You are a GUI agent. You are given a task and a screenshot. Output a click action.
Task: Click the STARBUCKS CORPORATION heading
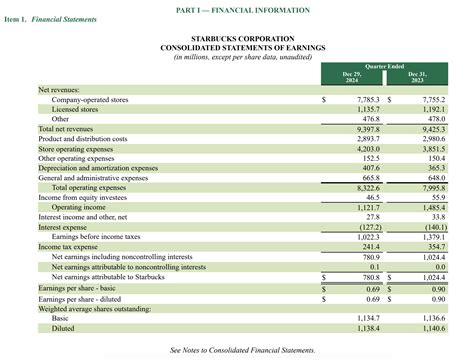[236, 38]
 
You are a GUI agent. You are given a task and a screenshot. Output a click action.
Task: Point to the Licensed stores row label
[76, 110]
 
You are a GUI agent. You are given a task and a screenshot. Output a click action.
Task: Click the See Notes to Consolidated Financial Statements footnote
[243, 350]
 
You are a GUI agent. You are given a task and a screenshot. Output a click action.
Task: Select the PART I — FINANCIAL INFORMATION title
[236, 9]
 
